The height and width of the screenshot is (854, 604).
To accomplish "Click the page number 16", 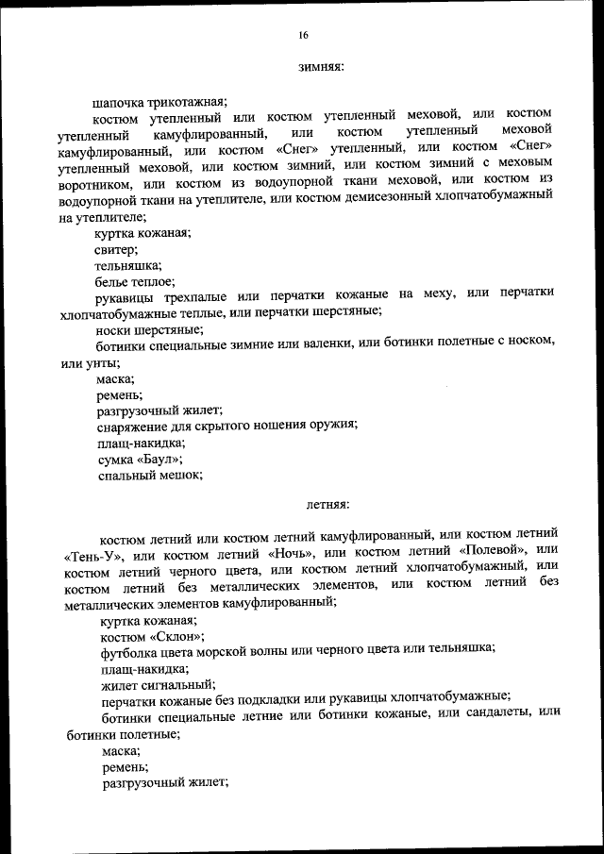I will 303,35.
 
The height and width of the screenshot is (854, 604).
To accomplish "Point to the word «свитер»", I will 116,249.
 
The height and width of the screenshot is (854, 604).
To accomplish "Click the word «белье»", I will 113,281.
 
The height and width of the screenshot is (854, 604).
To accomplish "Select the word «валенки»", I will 327,347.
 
